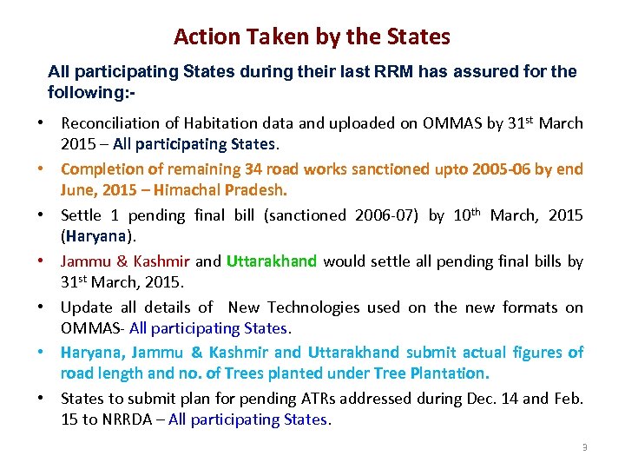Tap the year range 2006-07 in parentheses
389,215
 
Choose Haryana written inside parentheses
97,235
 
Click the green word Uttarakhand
271,261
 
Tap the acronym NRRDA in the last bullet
120,419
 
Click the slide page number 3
585,447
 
